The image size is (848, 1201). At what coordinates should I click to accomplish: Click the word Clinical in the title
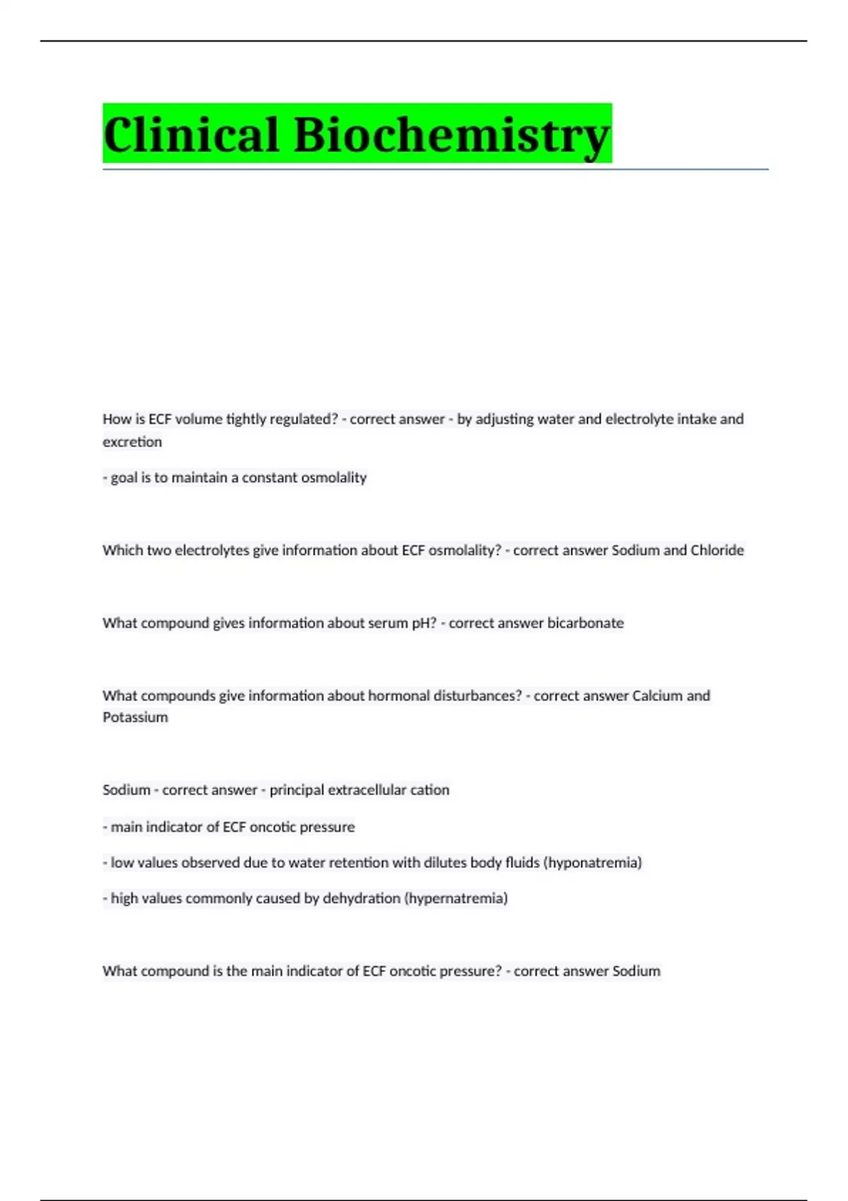tap(191, 134)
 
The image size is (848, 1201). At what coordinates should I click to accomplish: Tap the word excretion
tap(132, 442)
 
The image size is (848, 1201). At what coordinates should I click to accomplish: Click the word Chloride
tap(717, 550)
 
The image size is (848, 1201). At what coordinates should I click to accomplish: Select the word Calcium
tap(656, 695)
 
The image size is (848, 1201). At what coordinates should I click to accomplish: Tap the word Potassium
tap(135, 717)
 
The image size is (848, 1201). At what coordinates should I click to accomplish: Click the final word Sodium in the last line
tap(636, 971)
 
